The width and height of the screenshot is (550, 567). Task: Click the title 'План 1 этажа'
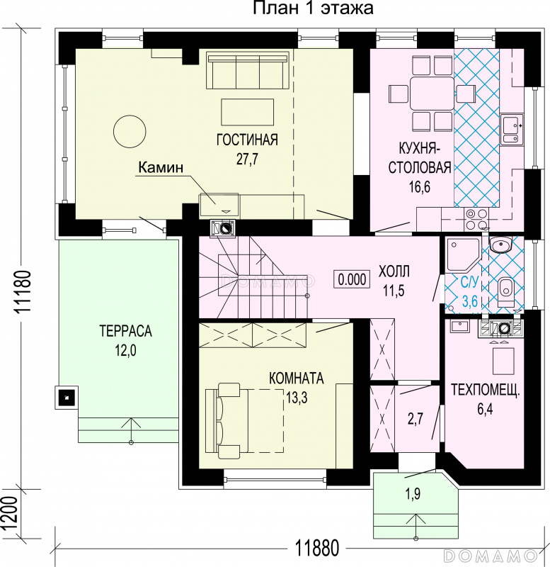(x=313, y=8)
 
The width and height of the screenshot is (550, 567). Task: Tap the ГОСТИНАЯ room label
(x=247, y=140)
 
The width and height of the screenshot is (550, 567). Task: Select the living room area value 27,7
(x=247, y=159)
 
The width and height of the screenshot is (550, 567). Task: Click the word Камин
(x=161, y=167)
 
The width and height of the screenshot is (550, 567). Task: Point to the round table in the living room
(x=130, y=131)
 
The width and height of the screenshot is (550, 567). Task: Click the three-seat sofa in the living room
(x=248, y=70)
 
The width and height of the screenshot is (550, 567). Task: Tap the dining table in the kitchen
(x=432, y=94)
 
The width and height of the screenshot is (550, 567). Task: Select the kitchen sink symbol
(x=512, y=129)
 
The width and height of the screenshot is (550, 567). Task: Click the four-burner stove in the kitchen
(x=476, y=219)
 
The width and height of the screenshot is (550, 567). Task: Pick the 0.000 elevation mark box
(x=352, y=279)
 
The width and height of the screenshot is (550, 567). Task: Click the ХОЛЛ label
(x=394, y=271)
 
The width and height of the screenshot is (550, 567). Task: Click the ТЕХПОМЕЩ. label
(x=485, y=391)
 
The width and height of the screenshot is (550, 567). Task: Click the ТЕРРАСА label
(x=126, y=331)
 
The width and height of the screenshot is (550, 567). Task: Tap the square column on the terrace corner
(x=67, y=398)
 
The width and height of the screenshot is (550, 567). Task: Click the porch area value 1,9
(x=413, y=493)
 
